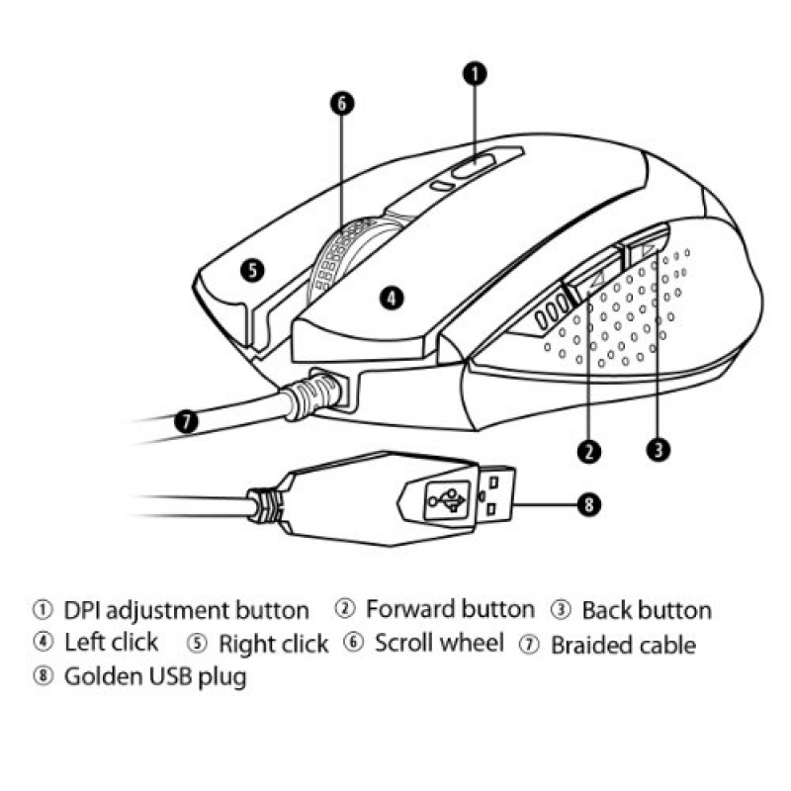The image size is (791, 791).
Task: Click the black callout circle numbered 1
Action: point(475,74)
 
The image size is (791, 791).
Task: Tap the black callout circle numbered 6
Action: point(342,104)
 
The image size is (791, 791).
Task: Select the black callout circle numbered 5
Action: point(252,270)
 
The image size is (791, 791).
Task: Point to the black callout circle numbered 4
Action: point(392,298)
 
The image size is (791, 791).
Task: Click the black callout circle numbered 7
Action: point(186,422)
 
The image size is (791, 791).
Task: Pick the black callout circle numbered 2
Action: point(589,451)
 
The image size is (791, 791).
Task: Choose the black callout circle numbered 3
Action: point(658,449)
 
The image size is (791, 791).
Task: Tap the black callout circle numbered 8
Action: point(588,504)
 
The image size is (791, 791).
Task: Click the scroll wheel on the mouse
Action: point(348,252)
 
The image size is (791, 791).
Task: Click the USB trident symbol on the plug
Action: point(447,500)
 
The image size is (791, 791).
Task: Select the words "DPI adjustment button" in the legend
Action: point(186,611)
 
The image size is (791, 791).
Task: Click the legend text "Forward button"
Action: point(450,609)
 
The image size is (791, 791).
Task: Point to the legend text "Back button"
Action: point(647,610)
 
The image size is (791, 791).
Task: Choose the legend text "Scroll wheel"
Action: point(439,643)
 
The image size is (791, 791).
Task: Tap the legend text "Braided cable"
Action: point(624,645)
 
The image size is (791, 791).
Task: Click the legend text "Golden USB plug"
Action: point(155,677)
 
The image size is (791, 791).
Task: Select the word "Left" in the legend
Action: point(85,642)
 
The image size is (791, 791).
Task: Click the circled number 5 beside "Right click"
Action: point(197,644)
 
